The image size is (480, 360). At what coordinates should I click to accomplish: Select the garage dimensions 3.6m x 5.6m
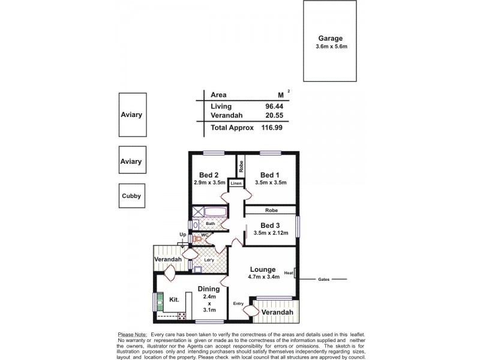(332, 46)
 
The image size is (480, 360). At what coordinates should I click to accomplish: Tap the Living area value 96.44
(274, 106)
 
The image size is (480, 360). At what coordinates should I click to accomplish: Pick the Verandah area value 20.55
(274, 116)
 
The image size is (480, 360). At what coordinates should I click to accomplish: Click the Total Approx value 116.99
(272, 128)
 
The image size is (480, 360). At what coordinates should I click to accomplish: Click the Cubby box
(132, 195)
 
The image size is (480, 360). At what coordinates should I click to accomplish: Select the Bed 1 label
(271, 174)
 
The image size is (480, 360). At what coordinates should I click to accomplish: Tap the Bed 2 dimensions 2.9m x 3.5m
(209, 182)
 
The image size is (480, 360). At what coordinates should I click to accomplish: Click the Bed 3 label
(271, 225)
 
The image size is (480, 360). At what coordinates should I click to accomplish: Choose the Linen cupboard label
(236, 184)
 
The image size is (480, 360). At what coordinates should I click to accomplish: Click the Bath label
(210, 224)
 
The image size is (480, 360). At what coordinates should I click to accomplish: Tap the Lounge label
(263, 269)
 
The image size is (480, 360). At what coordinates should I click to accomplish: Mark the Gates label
(324, 279)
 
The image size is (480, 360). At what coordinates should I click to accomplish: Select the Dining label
(209, 289)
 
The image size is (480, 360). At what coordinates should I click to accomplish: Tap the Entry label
(238, 304)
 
